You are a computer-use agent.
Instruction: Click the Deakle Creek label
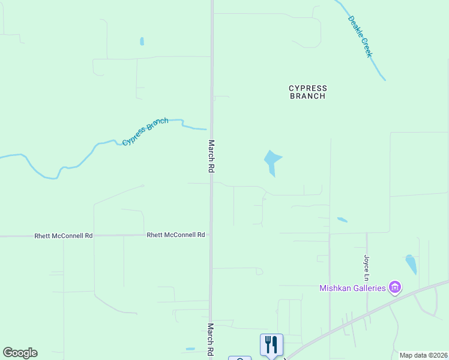(x=361, y=36)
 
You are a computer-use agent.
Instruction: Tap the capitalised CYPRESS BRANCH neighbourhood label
(x=307, y=92)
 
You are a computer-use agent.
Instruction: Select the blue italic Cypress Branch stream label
(x=145, y=132)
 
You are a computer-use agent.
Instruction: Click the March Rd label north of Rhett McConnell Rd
(x=211, y=157)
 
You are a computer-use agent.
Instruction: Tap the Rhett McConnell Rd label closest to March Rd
(x=176, y=235)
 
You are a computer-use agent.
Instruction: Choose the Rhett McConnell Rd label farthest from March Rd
(x=64, y=236)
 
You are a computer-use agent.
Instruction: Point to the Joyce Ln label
(x=366, y=267)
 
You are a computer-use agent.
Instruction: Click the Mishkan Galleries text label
(x=352, y=289)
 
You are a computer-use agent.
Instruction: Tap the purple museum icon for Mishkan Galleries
(x=394, y=288)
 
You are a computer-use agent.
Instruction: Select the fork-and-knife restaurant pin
(x=271, y=344)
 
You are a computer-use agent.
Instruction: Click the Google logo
(x=20, y=353)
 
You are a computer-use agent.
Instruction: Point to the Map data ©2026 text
(x=423, y=355)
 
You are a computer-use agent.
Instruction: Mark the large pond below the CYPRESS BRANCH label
(x=272, y=161)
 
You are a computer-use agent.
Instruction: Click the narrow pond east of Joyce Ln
(x=411, y=264)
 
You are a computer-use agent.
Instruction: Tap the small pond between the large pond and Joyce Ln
(x=342, y=220)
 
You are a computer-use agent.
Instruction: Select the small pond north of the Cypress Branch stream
(x=142, y=41)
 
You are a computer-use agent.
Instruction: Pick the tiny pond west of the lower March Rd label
(x=190, y=349)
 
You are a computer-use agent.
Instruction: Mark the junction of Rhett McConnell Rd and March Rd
(x=211, y=235)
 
